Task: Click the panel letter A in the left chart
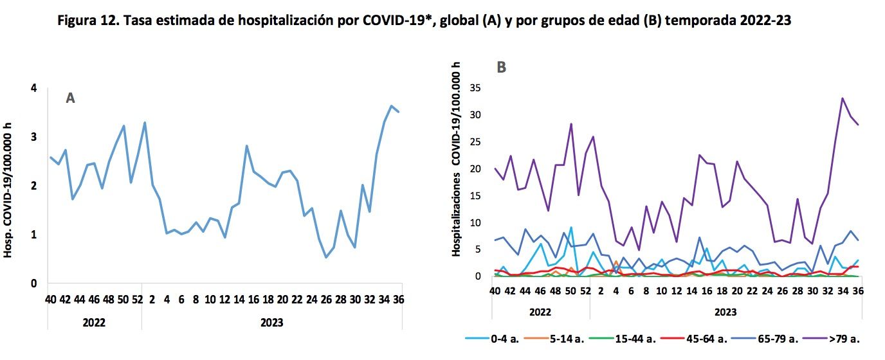71,98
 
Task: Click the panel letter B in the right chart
502,67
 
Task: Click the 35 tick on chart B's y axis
476,88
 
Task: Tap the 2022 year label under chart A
94,322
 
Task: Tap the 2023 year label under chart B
725,312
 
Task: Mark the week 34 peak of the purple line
843,98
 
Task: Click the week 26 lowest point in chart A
326,257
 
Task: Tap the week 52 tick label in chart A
136,300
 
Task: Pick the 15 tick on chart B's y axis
476,196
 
